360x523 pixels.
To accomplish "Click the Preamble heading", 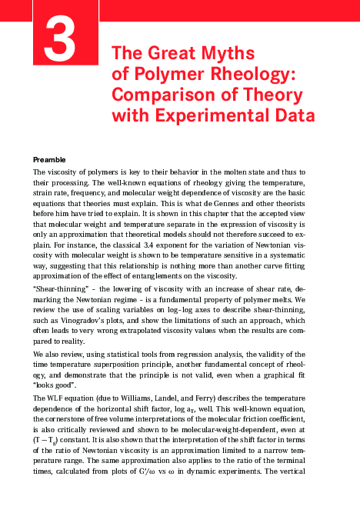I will coord(52,159).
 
